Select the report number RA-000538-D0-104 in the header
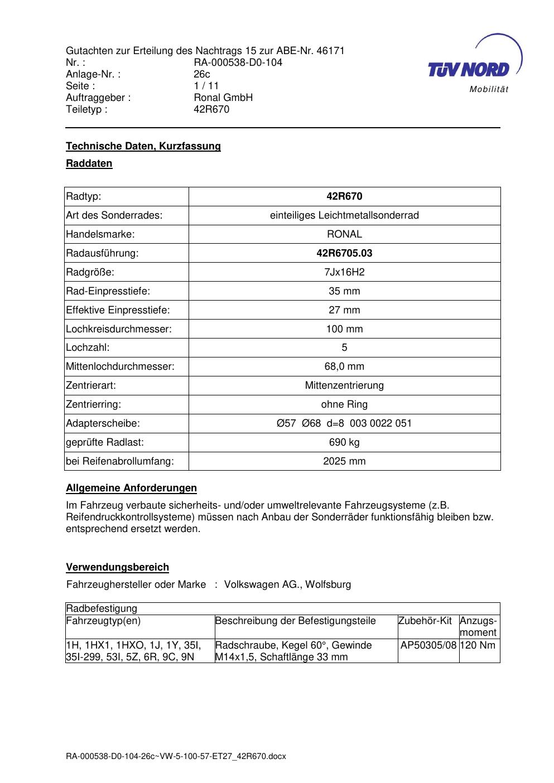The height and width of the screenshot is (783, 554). [238, 62]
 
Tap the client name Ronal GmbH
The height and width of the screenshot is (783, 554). [223, 98]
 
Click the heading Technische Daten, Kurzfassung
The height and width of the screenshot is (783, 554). [143, 146]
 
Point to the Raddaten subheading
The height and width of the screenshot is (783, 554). [89, 164]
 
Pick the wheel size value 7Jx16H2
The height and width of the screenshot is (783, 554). [344, 272]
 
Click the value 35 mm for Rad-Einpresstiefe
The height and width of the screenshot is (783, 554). [344, 291]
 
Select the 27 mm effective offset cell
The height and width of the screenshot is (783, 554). [344, 310]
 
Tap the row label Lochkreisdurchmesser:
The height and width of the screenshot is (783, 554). [119, 329]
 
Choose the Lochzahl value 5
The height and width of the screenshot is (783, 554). [344, 348]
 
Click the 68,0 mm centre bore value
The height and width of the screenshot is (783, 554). [344, 366]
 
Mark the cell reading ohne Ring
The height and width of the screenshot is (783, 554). [344, 404]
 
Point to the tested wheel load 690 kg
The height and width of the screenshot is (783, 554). [344, 442]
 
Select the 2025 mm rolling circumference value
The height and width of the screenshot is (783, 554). [344, 461]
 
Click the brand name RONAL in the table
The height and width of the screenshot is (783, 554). [344, 234]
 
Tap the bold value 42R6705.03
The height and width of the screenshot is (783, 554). [344, 253]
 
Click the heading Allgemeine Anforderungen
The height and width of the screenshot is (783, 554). [131, 489]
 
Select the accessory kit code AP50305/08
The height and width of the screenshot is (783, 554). [428, 645]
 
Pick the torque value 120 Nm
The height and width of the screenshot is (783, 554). [479, 645]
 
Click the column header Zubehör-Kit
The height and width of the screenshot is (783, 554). [425, 621]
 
